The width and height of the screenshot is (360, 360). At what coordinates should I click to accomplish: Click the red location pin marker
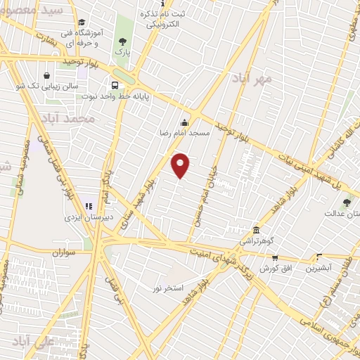point(181,165)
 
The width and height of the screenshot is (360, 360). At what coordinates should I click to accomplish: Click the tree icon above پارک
point(123,42)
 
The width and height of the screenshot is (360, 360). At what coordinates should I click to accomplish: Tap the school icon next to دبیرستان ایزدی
point(89,206)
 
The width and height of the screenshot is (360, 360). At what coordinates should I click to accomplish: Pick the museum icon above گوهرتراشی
point(256,231)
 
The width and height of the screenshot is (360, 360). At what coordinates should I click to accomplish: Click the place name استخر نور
point(167,288)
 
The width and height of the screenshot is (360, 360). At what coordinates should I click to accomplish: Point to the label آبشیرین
point(319,268)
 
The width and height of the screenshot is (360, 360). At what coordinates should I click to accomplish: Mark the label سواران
point(63,251)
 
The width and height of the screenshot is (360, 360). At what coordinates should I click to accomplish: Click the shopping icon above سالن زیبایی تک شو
point(46,75)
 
